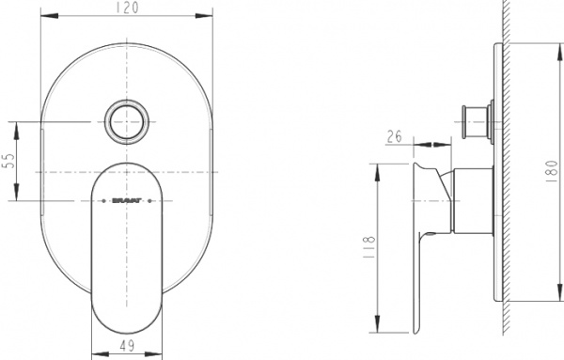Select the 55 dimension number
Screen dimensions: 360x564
click(9, 162)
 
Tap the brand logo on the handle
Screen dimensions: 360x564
click(127, 199)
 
